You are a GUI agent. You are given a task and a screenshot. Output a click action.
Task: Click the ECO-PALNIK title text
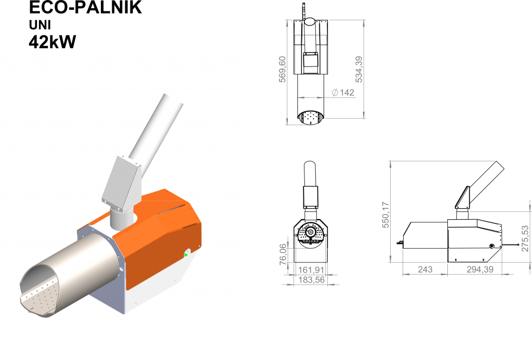(x=85, y=7)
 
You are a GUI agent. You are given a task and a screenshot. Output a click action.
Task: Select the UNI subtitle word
(x=39, y=25)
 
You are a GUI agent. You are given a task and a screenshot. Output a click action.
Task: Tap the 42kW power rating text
(x=52, y=43)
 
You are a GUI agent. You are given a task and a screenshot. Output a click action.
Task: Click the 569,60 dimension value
(x=282, y=69)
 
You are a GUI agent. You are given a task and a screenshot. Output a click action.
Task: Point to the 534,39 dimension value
(x=359, y=69)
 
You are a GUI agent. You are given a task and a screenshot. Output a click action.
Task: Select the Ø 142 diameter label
(x=343, y=92)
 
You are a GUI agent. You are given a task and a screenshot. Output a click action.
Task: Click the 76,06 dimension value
(x=283, y=254)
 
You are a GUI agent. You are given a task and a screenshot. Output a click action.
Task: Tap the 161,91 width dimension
(x=311, y=270)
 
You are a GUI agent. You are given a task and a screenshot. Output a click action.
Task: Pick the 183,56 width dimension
(x=312, y=280)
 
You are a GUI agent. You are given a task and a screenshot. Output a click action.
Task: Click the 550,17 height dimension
(x=386, y=215)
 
